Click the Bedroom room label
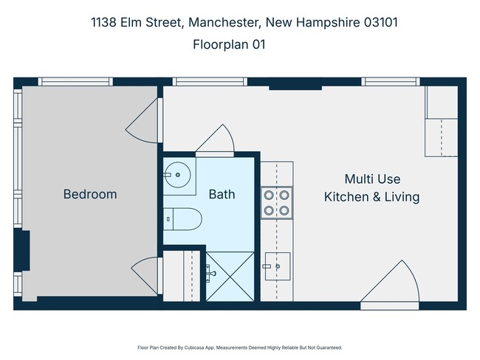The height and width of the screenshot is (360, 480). point(89,195)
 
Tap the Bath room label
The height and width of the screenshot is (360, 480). point(222,195)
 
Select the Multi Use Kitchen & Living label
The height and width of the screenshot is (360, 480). point(371,188)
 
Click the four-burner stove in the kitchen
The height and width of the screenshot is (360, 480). point(277,203)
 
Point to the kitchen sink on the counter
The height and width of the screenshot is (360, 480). point(278,263)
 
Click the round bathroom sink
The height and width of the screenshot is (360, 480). point(176,176)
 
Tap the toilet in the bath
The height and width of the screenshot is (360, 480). point(183,218)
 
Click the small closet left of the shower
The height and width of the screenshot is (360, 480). point(182,275)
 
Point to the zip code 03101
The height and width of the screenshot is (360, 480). point(380,22)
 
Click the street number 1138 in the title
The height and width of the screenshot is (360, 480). point(104,22)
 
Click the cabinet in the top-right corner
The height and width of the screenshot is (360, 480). point(441,121)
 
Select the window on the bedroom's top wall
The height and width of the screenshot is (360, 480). point(75,81)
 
